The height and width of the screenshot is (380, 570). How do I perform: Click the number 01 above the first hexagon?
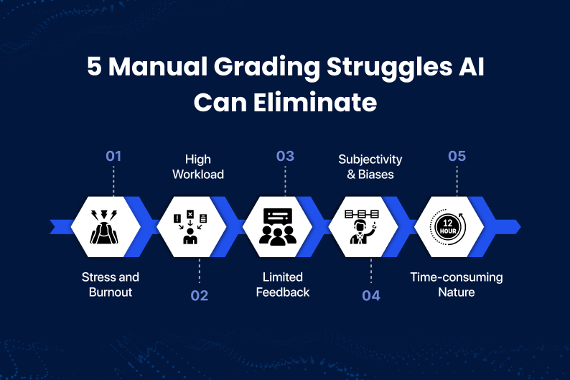coord(113,156)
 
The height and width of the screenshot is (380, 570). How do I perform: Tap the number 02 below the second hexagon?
coord(199,295)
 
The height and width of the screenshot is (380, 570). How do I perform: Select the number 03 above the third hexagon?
coord(285,156)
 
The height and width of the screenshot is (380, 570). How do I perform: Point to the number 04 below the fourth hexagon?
coord(371,295)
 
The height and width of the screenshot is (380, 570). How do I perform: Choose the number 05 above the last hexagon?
coord(457,156)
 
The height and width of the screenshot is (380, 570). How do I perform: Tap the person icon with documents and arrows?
coord(190,226)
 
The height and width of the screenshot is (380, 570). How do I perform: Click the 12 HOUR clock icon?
coord(448,226)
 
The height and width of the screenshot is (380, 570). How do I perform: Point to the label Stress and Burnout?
coord(111,284)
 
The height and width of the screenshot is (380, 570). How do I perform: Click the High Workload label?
coord(198,167)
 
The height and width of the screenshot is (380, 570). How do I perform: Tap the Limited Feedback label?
coord(282,284)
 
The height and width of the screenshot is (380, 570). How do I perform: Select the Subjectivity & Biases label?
coord(370,167)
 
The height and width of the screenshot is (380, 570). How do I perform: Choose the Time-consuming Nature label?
coord(457,284)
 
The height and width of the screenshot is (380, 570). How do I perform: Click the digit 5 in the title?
coord(94,67)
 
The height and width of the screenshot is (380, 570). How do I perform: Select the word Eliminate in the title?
coord(315,102)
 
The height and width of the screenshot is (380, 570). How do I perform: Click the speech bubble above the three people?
coord(278,217)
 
